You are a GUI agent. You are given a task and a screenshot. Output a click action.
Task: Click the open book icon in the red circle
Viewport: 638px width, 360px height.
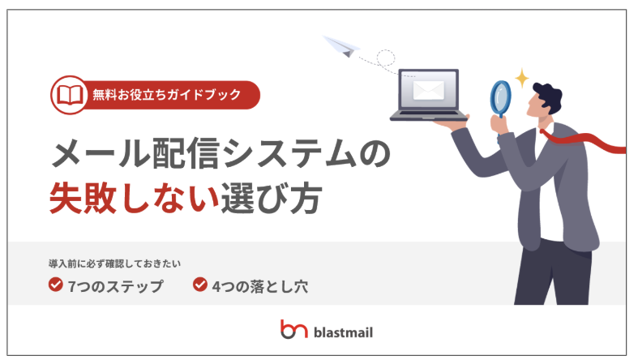70,95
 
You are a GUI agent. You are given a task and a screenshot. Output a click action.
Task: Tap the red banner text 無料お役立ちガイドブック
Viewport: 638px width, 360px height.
167,95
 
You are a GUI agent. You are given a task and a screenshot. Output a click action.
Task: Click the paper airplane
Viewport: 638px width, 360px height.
341,46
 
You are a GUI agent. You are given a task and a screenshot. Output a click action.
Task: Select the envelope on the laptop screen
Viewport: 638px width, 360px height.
429,90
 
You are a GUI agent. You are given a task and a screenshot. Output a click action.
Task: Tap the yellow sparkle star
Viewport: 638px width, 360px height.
521,78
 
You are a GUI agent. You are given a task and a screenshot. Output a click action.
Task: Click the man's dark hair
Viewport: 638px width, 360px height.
549,96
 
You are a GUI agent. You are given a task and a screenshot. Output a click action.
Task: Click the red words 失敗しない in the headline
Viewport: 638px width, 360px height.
135,198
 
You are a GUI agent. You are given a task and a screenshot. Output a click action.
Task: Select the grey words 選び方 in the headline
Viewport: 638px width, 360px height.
272,198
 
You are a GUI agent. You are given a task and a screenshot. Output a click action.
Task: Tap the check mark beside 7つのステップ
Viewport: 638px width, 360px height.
56,285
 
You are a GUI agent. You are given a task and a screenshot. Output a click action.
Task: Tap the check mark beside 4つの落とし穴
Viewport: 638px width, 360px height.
200,285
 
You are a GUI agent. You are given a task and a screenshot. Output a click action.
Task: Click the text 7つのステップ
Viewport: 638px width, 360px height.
115,286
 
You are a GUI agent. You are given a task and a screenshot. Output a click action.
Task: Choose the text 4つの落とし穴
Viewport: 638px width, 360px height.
260,286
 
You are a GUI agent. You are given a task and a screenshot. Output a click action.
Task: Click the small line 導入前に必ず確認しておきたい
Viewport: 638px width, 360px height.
115,264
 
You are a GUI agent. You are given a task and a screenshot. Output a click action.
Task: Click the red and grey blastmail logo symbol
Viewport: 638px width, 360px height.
293,329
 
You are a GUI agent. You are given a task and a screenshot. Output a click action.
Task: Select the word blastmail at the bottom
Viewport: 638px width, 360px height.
344,332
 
